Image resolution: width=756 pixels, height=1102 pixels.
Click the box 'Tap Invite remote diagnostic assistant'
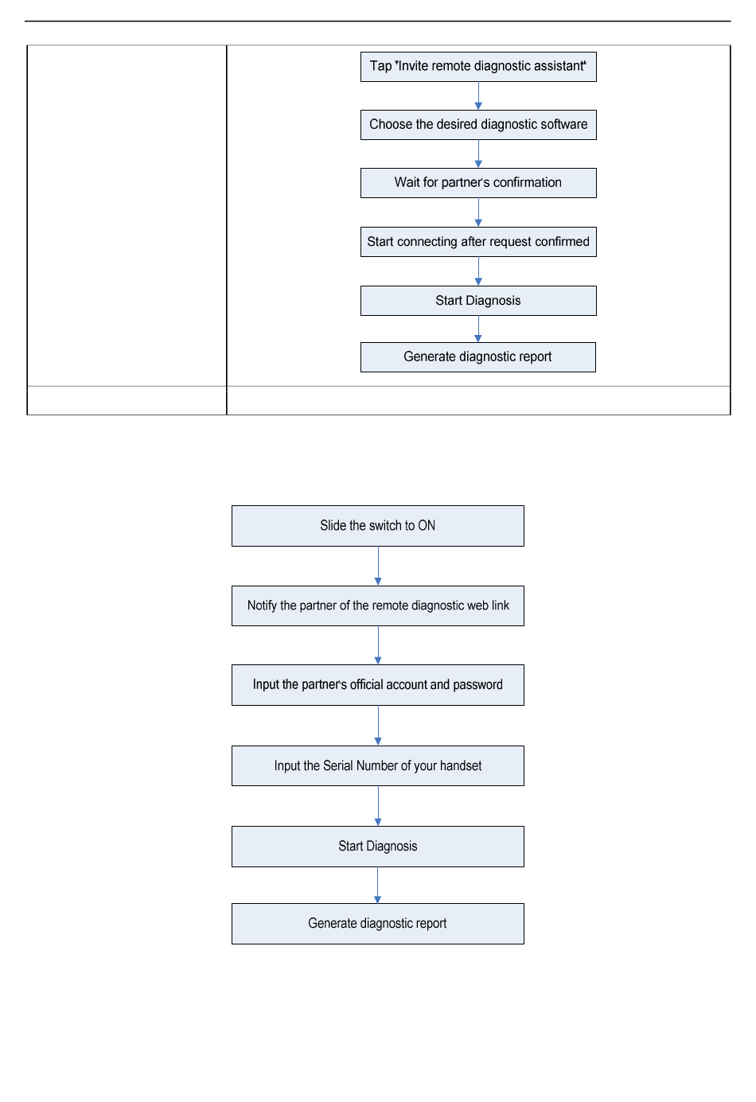(x=478, y=67)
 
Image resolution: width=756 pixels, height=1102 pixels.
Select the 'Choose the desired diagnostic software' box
(x=478, y=125)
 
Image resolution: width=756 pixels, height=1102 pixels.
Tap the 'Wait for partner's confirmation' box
(x=478, y=183)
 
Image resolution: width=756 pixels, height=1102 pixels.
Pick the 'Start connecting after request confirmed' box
(x=478, y=242)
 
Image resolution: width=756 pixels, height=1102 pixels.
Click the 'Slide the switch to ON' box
(x=378, y=526)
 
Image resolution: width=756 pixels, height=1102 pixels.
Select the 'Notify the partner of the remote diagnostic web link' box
(x=378, y=606)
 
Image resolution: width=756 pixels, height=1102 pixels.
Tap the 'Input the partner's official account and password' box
(x=378, y=685)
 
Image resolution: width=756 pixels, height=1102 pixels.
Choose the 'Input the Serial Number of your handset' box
(x=378, y=765)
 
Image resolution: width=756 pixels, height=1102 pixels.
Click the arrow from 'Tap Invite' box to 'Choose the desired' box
(x=478, y=96)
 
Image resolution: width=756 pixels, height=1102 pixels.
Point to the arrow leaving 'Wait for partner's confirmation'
(x=478, y=212)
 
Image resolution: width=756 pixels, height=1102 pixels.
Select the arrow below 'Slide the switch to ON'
(x=378, y=566)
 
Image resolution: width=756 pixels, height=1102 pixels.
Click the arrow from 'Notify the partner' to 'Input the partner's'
(x=378, y=645)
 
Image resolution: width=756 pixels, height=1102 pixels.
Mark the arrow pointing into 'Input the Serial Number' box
(x=378, y=726)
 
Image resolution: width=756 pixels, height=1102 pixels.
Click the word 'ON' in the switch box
(x=427, y=525)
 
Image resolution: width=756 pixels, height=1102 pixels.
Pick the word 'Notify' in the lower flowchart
(x=262, y=606)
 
